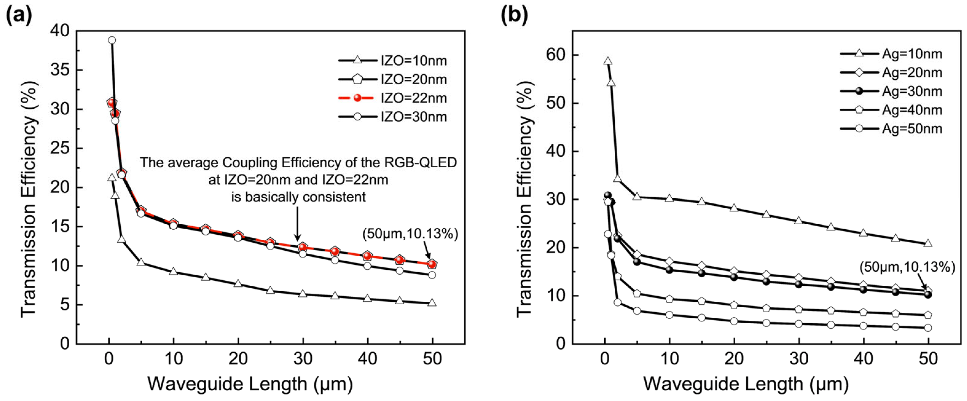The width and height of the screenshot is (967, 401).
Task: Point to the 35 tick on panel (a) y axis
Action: point(60,70)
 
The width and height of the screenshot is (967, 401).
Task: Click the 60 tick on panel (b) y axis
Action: point(556,55)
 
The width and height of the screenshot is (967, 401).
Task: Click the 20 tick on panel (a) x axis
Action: point(238,359)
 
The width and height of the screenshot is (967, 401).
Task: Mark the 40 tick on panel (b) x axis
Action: point(864,359)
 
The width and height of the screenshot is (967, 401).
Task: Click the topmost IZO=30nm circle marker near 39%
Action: point(112,40)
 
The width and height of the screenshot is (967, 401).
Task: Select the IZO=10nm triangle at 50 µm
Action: point(432,303)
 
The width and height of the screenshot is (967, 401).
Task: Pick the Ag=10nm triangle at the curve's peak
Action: point(608,61)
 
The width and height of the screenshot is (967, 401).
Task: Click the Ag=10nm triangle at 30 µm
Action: point(799,221)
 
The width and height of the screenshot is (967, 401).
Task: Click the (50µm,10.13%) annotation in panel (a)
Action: point(410,234)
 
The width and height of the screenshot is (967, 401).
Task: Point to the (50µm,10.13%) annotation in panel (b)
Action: point(907,267)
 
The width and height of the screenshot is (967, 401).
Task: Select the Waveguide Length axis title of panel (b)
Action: point(746,384)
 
